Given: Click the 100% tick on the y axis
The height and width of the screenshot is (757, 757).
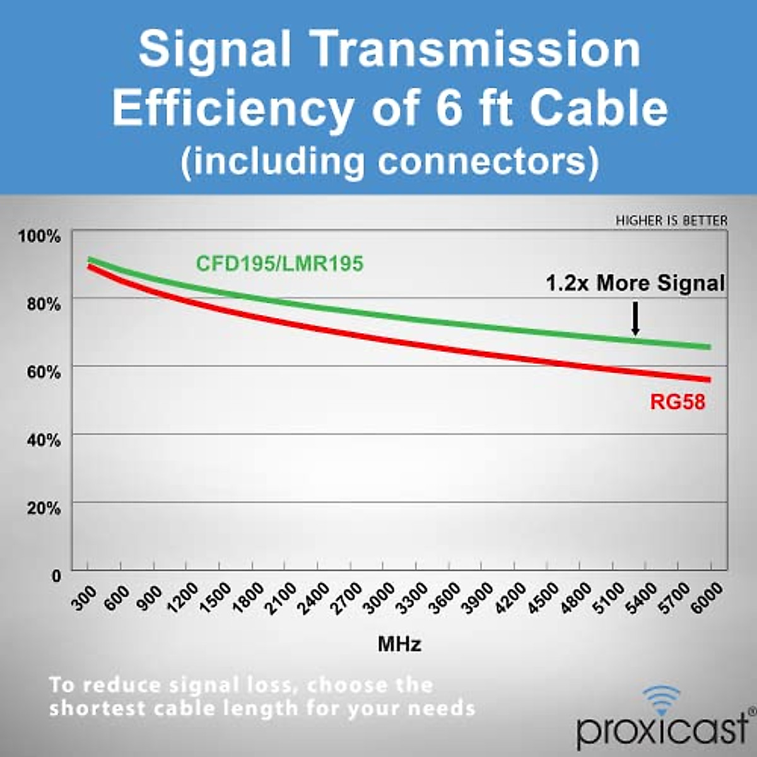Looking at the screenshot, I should coord(40,236).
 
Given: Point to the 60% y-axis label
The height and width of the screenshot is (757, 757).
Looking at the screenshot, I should coord(44,372).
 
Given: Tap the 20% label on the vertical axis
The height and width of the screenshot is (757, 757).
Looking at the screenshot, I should coord(44,508).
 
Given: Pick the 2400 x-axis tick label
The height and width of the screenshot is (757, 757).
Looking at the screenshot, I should coord(314,598).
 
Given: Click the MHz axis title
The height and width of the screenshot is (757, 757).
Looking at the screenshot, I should coord(399,644).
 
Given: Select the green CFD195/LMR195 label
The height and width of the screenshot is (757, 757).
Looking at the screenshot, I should coord(279,263).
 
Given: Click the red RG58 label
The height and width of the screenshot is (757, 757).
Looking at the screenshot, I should coord(677,402).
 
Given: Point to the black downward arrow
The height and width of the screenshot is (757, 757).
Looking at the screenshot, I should coord(635,319).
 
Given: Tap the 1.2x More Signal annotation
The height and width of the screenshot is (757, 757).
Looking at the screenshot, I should coord(635,283).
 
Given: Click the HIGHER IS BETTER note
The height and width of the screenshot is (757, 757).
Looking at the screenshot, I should coord(671,221).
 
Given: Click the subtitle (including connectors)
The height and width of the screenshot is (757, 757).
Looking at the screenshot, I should coord(389,161).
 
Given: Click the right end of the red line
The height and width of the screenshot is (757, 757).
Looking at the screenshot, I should coord(708,379).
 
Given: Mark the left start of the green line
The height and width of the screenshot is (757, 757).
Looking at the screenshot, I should coord(90,259).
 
